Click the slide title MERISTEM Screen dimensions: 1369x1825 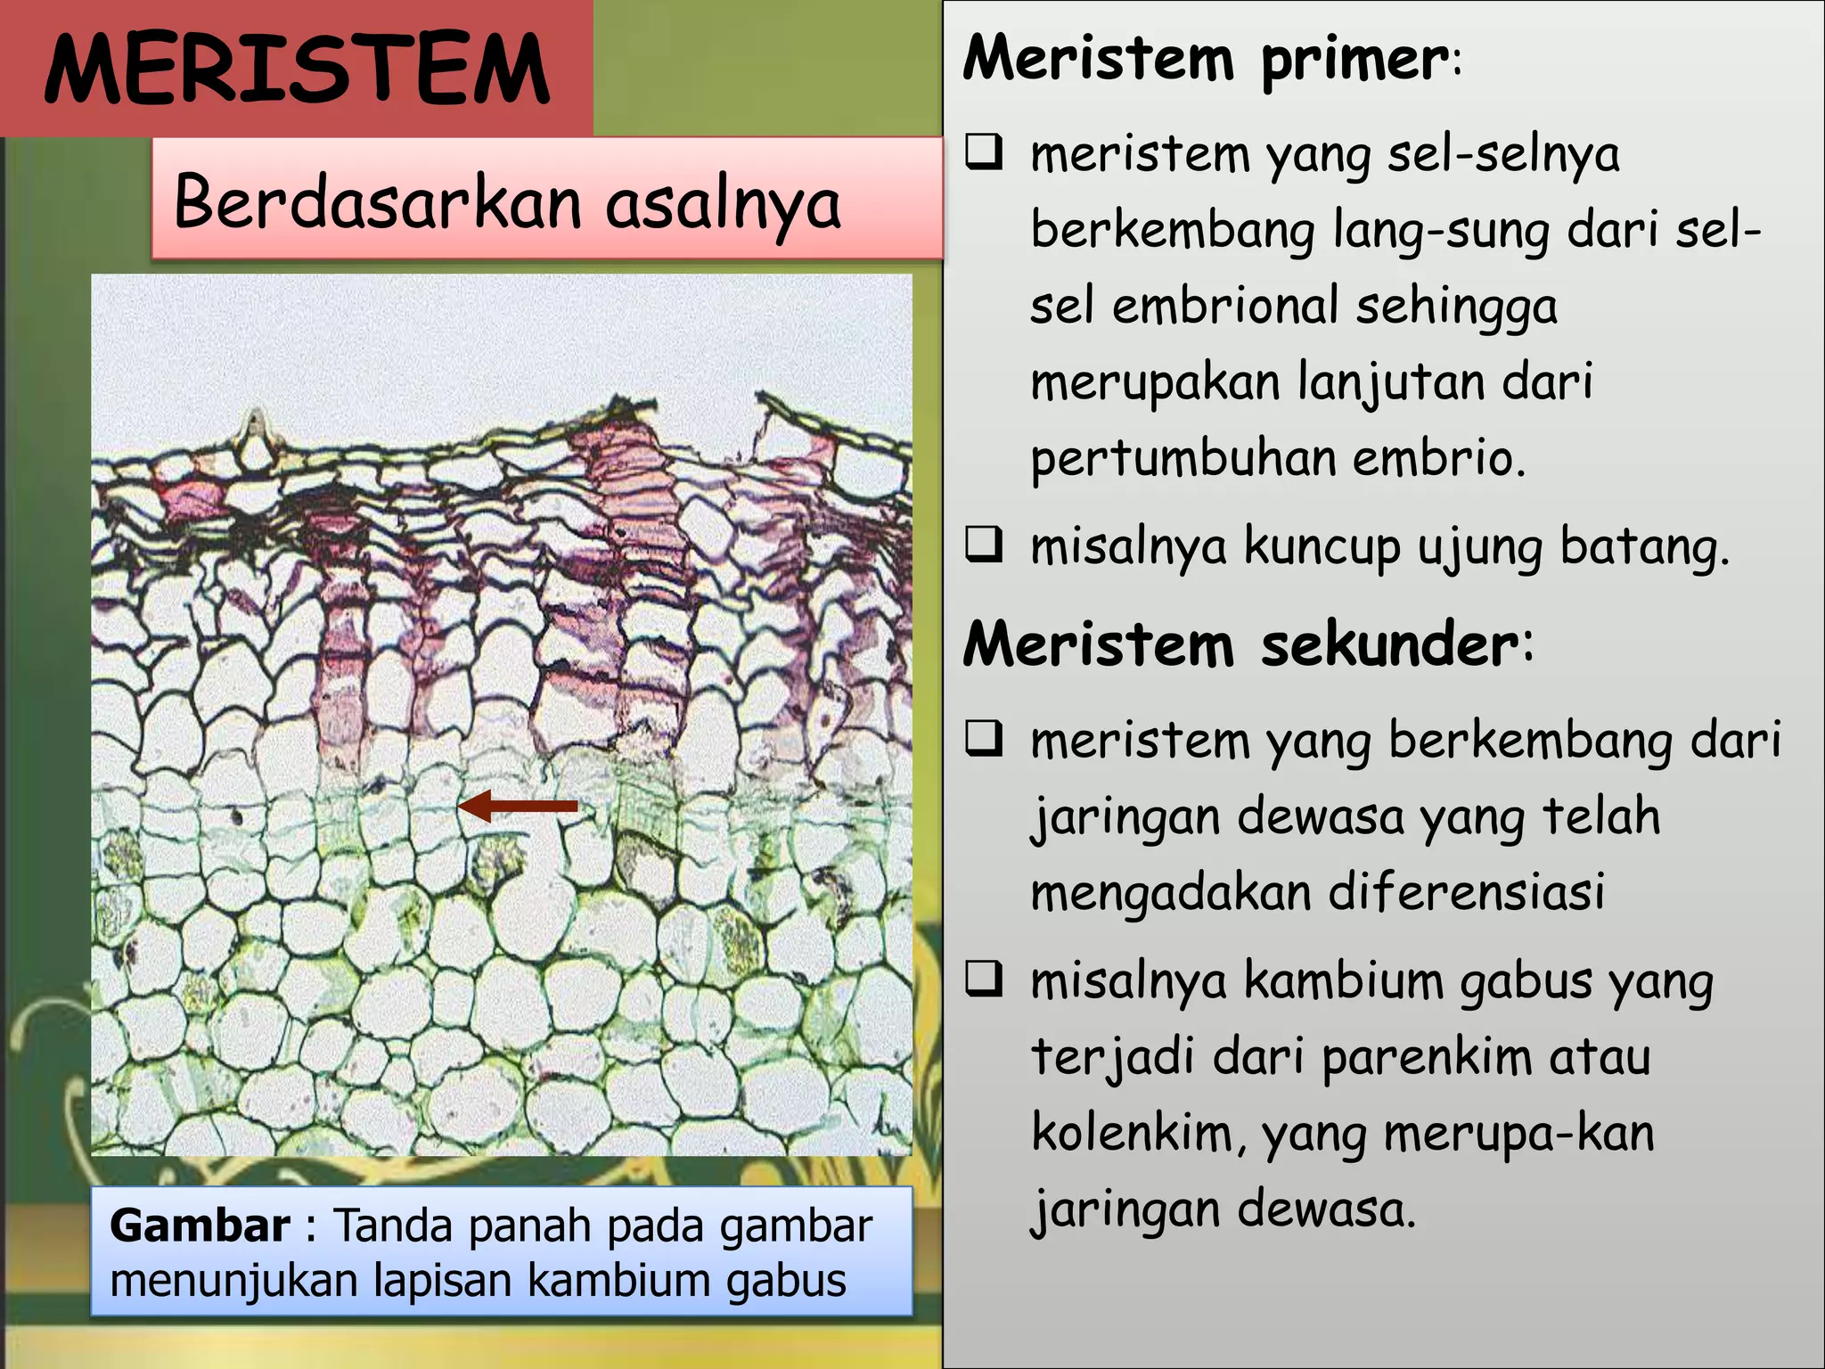coord(297,70)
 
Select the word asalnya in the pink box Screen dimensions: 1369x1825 coord(723,203)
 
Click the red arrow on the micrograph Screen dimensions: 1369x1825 coord(518,806)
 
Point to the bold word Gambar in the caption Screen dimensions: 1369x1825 coord(200,1226)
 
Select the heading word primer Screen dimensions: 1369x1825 coord(1354,61)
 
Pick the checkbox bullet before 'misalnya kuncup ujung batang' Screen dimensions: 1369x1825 coord(985,545)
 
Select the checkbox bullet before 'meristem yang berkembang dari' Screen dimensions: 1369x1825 coord(985,739)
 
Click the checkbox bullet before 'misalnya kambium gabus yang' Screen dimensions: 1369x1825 coord(985,979)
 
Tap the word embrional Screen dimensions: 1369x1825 coord(1225,305)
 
